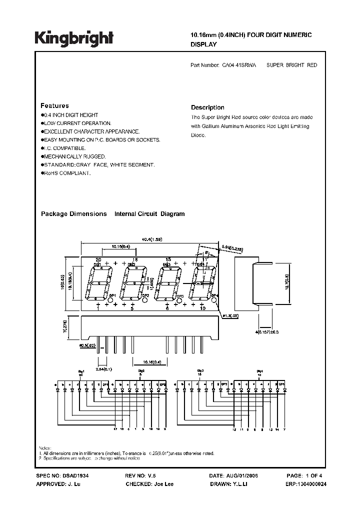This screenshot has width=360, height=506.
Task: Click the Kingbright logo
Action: pos(74,38)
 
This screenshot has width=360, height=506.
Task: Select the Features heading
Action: pos(54,106)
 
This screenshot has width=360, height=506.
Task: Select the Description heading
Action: pos(207,107)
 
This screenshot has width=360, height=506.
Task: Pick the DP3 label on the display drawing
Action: pos(180,296)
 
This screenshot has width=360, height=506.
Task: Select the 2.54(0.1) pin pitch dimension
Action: pos(105,368)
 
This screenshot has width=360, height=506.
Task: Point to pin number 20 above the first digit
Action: pos(98,260)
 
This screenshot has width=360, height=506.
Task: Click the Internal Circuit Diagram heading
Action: pos(149,214)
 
